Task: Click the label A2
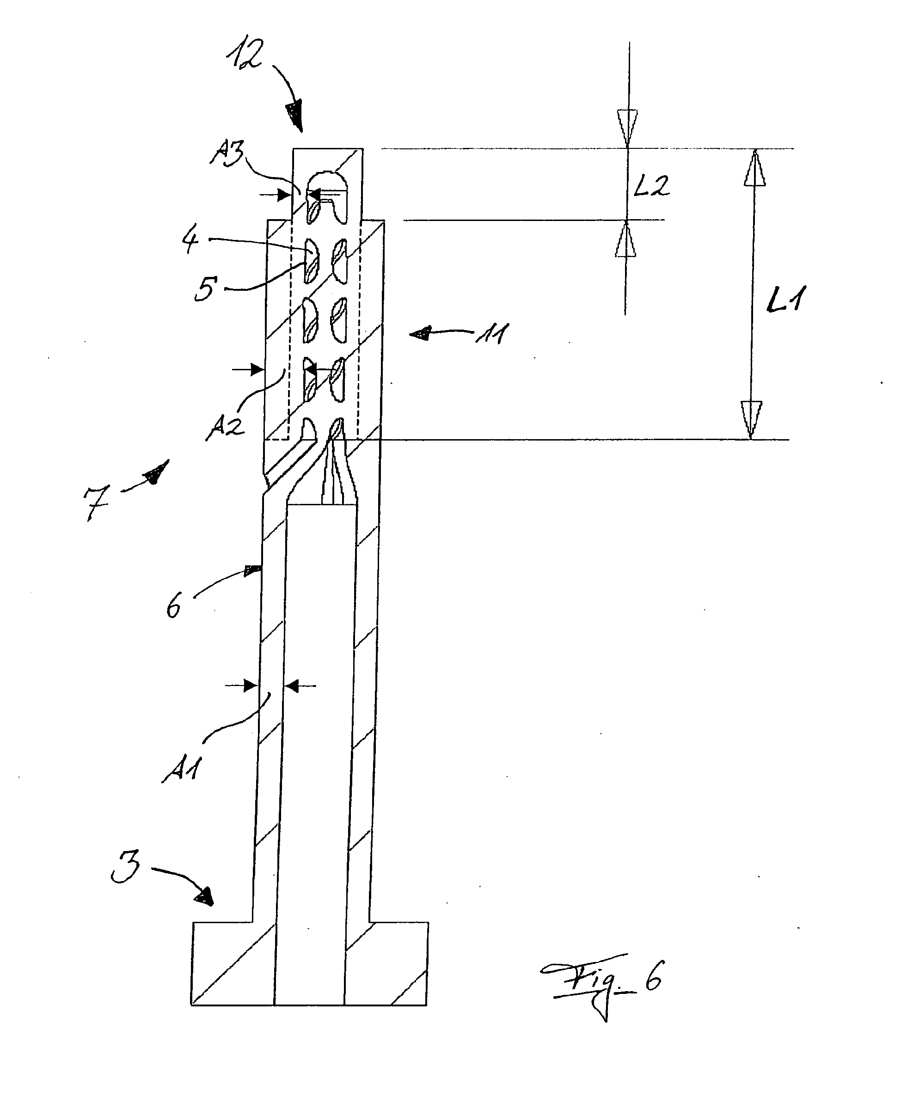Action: [x=225, y=427]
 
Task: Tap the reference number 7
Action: [x=97, y=502]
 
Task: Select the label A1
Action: [x=181, y=769]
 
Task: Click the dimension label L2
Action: [x=652, y=185]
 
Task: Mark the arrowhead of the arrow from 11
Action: [x=420, y=334]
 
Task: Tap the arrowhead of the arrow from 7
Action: [x=157, y=472]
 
